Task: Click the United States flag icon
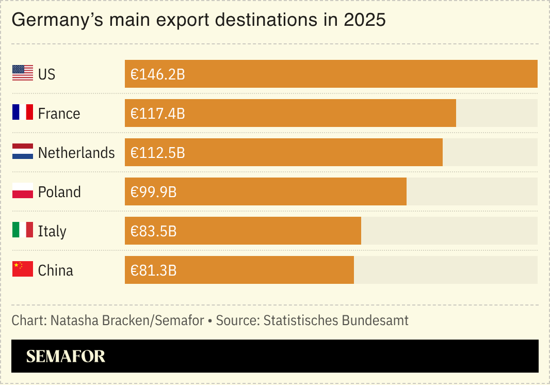[x=23, y=73]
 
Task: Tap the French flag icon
[x=23, y=113]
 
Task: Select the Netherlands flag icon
[x=23, y=152]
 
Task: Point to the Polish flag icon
[x=23, y=191]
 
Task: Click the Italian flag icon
[x=23, y=230]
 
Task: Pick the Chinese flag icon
[x=23, y=269]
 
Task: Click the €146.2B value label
[x=157, y=74]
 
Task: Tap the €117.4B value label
[x=157, y=114]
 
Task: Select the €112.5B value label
[x=157, y=153]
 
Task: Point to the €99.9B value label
[x=153, y=192]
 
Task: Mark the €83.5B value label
[x=153, y=231]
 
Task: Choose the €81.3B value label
[x=153, y=270]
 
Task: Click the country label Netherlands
[x=76, y=153]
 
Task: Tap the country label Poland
[x=59, y=192]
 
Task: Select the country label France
[x=59, y=114]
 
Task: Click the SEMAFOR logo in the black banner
[x=66, y=356]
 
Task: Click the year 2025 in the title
[x=364, y=20]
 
